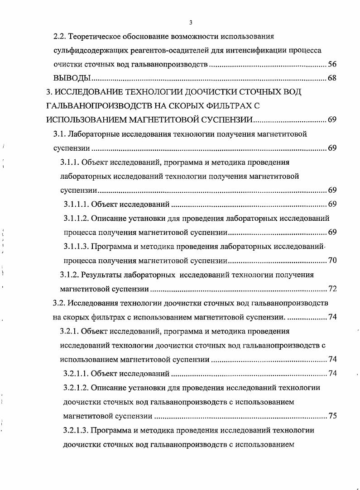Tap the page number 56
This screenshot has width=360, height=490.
(x=332, y=64)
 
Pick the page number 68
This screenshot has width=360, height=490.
(x=332, y=79)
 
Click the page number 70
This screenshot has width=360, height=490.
(x=332, y=261)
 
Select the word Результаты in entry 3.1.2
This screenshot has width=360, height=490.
(x=104, y=275)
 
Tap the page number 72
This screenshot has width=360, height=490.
(x=332, y=289)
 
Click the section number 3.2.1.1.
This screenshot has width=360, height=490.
(x=76, y=374)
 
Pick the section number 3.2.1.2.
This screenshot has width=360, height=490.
(x=76, y=388)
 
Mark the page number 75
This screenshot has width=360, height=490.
(x=332, y=416)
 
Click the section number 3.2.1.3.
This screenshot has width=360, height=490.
(x=76, y=430)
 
